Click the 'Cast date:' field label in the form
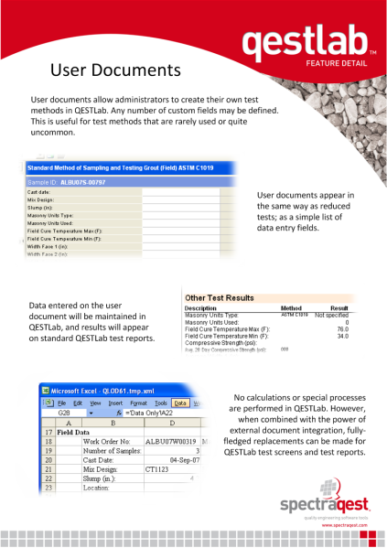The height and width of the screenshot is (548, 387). pos(39,193)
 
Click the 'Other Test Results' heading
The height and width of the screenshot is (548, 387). pos(219,298)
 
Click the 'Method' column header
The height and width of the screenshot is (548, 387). pos(290,308)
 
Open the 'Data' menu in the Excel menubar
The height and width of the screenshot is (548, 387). pos(181,403)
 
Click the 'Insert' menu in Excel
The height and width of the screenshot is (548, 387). pos(114,403)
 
